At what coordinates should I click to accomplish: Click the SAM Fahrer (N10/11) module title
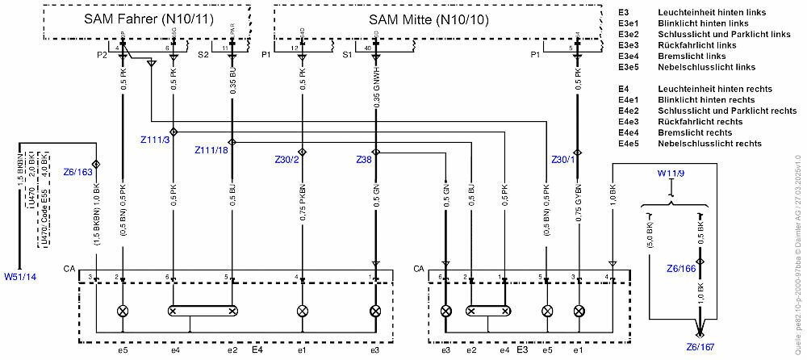pyautogui.click(x=148, y=19)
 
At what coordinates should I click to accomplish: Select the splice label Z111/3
pyautogui.click(x=155, y=140)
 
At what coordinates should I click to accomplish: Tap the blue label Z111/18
pyautogui.click(x=211, y=151)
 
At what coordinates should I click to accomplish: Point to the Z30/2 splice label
pyautogui.click(x=287, y=160)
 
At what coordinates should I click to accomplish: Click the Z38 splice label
pyautogui.click(x=363, y=160)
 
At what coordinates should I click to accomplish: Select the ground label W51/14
pyautogui.click(x=20, y=277)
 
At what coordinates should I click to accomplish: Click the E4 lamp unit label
pyautogui.click(x=257, y=350)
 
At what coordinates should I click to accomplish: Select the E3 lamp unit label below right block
pyautogui.click(x=522, y=350)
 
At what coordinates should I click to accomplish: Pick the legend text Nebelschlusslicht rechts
pyautogui.click(x=709, y=144)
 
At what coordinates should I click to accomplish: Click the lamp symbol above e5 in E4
pyautogui.click(x=123, y=311)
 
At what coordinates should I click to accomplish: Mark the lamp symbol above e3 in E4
pyautogui.click(x=375, y=311)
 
